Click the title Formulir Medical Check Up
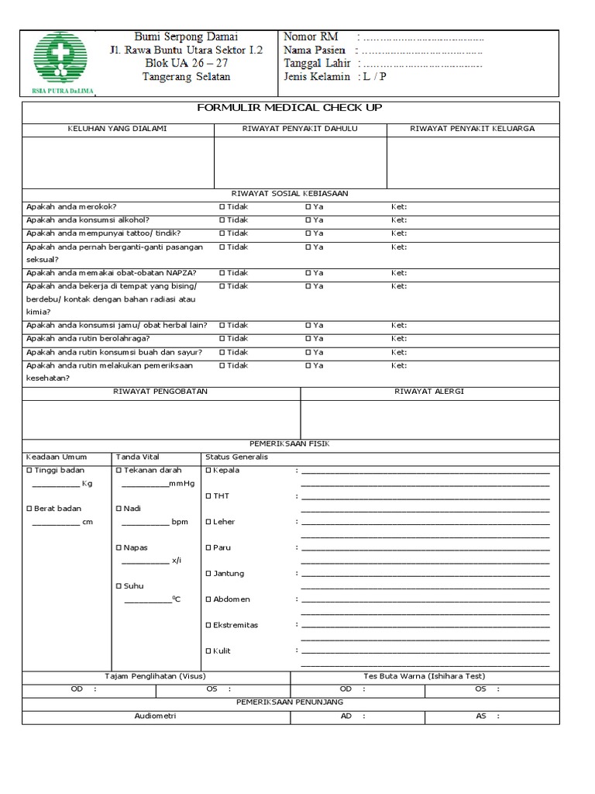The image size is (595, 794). [x=290, y=108]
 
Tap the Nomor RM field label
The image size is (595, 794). [x=311, y=37]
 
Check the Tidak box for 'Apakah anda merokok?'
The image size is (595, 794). [x=222, y=207]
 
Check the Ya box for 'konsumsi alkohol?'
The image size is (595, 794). [x=308, y=220]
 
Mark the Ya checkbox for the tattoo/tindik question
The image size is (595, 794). [x=308, y=233]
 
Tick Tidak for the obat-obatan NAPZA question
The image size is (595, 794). [x=222, y=273]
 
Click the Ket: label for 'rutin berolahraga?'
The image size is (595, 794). [x=398, y=339]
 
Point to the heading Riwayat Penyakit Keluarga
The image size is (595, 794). [x=472, y=129]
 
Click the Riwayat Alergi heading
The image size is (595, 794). [x=429, y=392]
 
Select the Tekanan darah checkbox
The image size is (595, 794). [x=119, y=471]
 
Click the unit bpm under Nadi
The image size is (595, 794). [x=180, y=522]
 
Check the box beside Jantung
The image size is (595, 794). [x=208, y=574]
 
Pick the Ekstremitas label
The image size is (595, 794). [x=236, y=625]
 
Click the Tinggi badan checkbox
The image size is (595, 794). [x=29, y=471]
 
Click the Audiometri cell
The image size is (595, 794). [x=156, y=716]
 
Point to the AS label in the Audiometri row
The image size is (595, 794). [x=481, y=716]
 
